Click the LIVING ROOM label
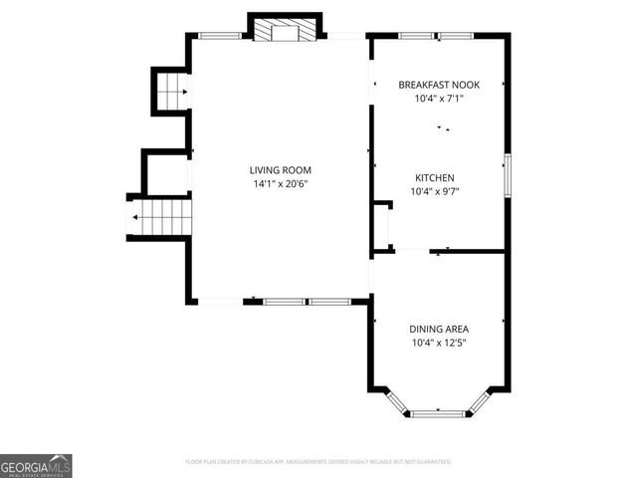click(x=281, y=170)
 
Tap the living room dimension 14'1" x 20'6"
click(x=281, y=183)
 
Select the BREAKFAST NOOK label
click(x=439, y=85)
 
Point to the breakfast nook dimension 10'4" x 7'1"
click(x=439, y=98)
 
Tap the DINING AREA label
click(x=439, y=329)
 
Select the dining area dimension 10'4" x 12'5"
click(x=439, y=342)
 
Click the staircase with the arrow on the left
click(x=159, y=214)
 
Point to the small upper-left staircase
click(x=170, y=93)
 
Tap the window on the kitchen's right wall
click(x=507, y=175)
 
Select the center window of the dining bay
click(x=438, y=412)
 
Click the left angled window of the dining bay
click(x=397, y=401)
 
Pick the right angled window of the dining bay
click(x=480, y=401)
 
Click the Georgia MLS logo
click(x=36, y=465)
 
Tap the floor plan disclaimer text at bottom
click(x=318, y=462)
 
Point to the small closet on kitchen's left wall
click(x=382, y=226)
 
